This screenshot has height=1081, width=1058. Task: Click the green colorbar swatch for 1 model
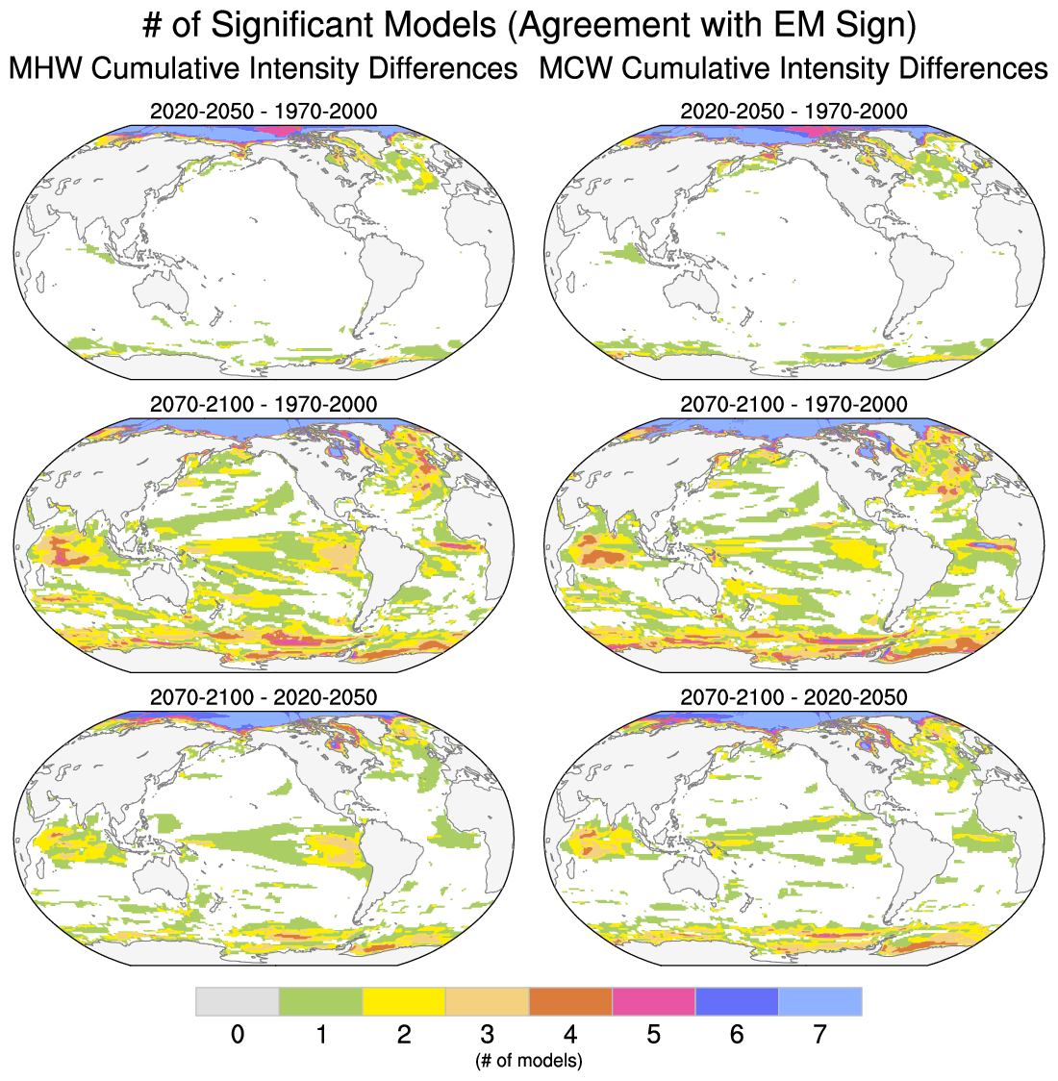[320, 1001]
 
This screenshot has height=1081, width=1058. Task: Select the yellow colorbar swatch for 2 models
[403, 1001]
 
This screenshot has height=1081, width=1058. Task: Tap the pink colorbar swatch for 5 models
[653, 1001]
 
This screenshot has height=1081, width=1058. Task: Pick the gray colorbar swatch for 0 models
[238, 1001]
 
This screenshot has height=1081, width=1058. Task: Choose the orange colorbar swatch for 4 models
[570, 1001]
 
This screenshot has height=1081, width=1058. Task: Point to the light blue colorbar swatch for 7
[819, 1001]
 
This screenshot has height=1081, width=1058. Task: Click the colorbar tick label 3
[487, 1035]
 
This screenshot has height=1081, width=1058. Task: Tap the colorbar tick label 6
[737, 1035]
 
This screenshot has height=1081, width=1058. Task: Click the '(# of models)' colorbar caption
[528, 1061]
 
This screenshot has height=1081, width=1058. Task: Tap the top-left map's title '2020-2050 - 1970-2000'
[264, 111]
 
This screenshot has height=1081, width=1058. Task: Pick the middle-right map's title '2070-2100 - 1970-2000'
[793, 404]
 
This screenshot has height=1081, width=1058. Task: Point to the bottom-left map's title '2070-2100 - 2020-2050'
[264, 696]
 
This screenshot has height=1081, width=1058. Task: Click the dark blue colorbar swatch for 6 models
[737, 1001]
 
